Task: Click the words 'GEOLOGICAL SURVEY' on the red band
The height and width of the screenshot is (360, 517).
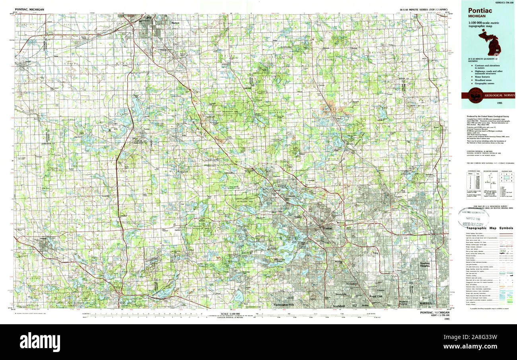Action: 498,95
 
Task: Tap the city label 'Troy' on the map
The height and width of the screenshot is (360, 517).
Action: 375,253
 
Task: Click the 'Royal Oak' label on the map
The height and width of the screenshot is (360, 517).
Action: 375,296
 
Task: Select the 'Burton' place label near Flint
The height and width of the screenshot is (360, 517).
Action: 175,23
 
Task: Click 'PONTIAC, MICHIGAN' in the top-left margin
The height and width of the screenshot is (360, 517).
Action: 30,9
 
